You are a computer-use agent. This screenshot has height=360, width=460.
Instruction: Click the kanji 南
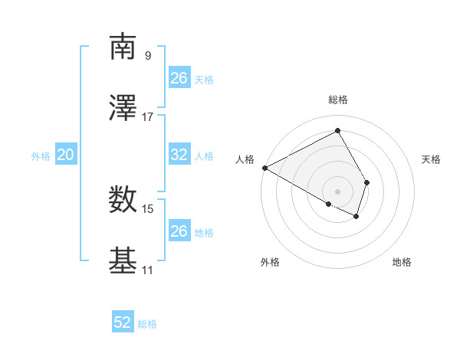123,47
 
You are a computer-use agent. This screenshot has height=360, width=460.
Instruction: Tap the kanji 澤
123,109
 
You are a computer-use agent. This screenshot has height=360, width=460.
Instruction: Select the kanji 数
123,201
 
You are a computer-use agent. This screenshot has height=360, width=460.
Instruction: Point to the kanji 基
123,261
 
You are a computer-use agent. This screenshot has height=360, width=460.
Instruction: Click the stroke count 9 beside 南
148,55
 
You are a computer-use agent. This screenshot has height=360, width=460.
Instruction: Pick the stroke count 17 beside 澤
148,116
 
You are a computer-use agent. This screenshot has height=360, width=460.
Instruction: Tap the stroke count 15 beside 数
148,208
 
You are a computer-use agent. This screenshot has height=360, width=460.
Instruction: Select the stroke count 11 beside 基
148,270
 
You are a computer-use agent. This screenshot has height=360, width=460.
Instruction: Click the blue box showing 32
179,155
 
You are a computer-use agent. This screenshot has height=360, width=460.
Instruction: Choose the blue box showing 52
123,323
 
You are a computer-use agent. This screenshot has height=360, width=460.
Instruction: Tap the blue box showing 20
66,155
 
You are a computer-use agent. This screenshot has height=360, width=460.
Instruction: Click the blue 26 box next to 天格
179,78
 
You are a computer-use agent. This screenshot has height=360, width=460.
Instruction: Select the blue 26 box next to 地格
179,231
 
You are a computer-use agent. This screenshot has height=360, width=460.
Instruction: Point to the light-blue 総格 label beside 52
147,324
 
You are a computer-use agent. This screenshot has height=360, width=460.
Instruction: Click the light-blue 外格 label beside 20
41,155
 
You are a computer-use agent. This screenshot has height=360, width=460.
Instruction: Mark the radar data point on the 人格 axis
264,168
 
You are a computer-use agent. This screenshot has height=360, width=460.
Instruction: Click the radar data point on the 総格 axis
337,130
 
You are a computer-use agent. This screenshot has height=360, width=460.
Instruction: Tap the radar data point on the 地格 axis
356,217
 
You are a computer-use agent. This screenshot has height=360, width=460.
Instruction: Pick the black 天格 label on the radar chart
431,159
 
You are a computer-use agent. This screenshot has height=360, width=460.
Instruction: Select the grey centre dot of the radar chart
337,191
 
